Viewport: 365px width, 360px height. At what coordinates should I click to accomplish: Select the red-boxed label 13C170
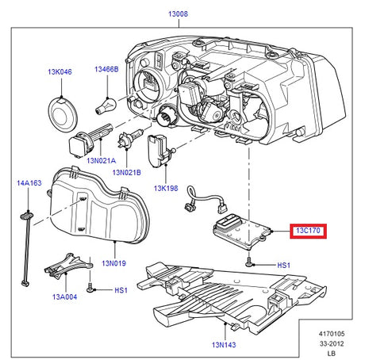click(309, 232)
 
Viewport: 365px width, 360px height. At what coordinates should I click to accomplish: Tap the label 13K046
click(59, 72)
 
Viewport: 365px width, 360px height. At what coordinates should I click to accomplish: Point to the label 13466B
click(106, 70)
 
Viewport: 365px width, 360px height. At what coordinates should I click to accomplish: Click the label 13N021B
click(126, 171)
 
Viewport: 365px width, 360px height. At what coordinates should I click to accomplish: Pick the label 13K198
click(166, 190)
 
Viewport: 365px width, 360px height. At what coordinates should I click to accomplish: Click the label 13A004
click(64, 297)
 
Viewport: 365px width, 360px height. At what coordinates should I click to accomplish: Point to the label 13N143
click(224, 346)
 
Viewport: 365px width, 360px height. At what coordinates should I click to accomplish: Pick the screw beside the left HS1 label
click(93, 290)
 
